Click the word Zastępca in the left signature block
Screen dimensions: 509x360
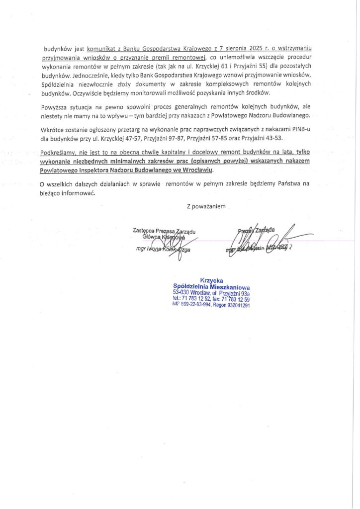click(145, 230)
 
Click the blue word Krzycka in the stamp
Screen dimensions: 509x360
click(211, 280)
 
